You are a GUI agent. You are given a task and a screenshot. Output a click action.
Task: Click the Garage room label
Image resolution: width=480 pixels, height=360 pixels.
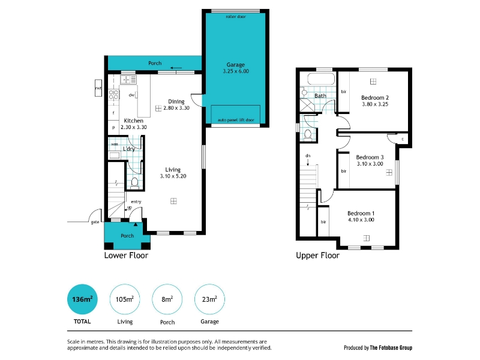235,65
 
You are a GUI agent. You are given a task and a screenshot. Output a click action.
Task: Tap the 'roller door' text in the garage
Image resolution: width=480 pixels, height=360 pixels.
236,17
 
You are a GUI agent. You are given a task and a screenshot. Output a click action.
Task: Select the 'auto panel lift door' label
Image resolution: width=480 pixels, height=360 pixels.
236,120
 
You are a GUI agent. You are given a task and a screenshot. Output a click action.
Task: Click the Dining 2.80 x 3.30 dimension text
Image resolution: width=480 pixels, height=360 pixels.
176,108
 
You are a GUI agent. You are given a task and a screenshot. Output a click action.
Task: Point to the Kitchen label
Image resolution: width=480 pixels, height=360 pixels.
133,121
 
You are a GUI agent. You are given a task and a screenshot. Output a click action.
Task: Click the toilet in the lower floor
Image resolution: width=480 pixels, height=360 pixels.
134,182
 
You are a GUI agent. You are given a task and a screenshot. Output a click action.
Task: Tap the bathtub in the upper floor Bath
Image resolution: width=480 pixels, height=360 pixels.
321,79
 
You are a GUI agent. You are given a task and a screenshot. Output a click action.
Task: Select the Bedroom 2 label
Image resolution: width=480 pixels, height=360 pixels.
375,98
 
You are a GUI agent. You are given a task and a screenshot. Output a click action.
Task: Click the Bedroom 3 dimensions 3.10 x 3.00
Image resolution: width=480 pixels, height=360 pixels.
370,164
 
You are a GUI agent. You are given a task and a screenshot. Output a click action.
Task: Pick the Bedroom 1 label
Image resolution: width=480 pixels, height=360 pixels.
361,214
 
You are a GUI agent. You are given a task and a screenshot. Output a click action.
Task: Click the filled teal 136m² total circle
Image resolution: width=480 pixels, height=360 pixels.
82,299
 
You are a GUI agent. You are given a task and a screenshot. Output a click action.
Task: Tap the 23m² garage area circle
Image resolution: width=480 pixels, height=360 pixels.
209,299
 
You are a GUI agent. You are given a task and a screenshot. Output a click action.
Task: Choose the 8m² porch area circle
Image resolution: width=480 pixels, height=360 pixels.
167,299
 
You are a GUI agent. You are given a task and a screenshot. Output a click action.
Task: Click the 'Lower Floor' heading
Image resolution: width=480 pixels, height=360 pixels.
126,256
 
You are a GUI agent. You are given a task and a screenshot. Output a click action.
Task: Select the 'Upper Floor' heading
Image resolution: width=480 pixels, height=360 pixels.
318,256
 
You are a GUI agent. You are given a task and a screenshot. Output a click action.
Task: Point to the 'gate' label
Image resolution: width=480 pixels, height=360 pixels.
95,222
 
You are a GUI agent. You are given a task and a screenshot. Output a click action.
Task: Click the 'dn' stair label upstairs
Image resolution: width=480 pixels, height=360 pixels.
308,155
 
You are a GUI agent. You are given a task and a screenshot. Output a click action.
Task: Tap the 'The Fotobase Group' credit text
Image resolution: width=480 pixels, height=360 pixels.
391,348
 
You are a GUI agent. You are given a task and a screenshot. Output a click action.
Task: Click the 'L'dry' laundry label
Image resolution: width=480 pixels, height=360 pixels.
129,149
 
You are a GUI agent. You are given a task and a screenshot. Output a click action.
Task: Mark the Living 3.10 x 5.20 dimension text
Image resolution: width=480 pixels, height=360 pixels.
173,176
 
